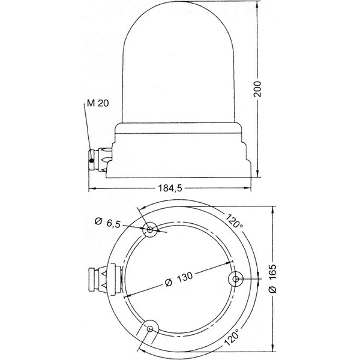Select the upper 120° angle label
(x=235, y=223)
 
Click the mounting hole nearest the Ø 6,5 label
(x=151, y=229)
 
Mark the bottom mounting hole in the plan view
(x=151, y=328)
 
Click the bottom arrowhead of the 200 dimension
(x=259, y=176)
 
